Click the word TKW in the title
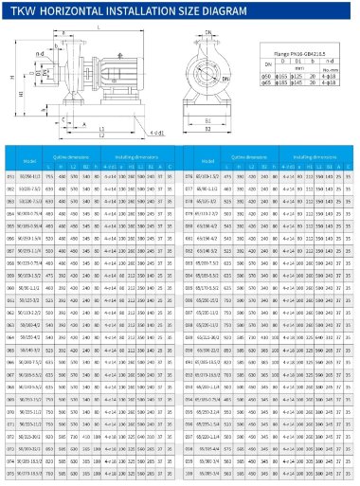pyautogui.click(x=23, y=13)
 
